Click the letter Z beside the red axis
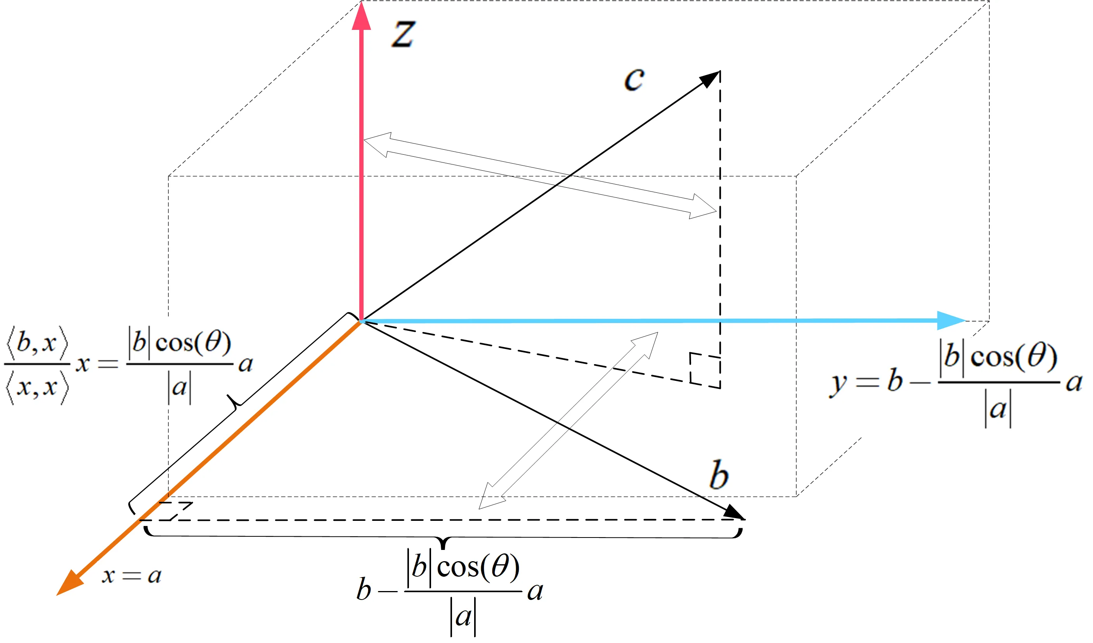(404, 34)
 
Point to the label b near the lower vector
(719, 475)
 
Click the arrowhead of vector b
(734, 512)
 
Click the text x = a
(132, 576)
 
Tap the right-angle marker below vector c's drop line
(705, 370)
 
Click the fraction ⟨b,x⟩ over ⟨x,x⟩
(37, 365)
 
